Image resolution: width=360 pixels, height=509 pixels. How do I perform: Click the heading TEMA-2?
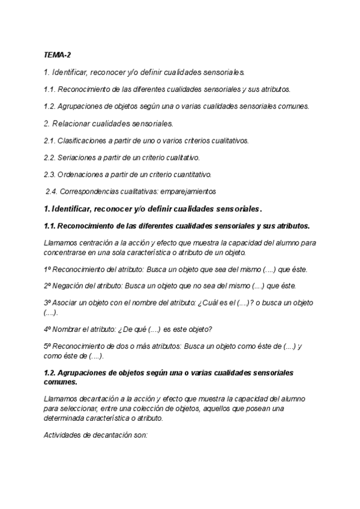pos(57,54)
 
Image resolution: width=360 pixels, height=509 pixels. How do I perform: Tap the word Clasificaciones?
pos(83,140)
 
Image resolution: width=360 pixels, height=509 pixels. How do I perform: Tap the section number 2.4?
pos(52,191)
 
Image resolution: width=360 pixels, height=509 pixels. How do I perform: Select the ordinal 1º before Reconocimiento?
pos(48,269)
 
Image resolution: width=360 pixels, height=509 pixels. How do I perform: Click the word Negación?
pos(68,286)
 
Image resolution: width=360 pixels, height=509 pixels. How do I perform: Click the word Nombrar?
pos(68,329)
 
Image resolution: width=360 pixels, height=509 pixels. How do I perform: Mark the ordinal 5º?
pos(48,346)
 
